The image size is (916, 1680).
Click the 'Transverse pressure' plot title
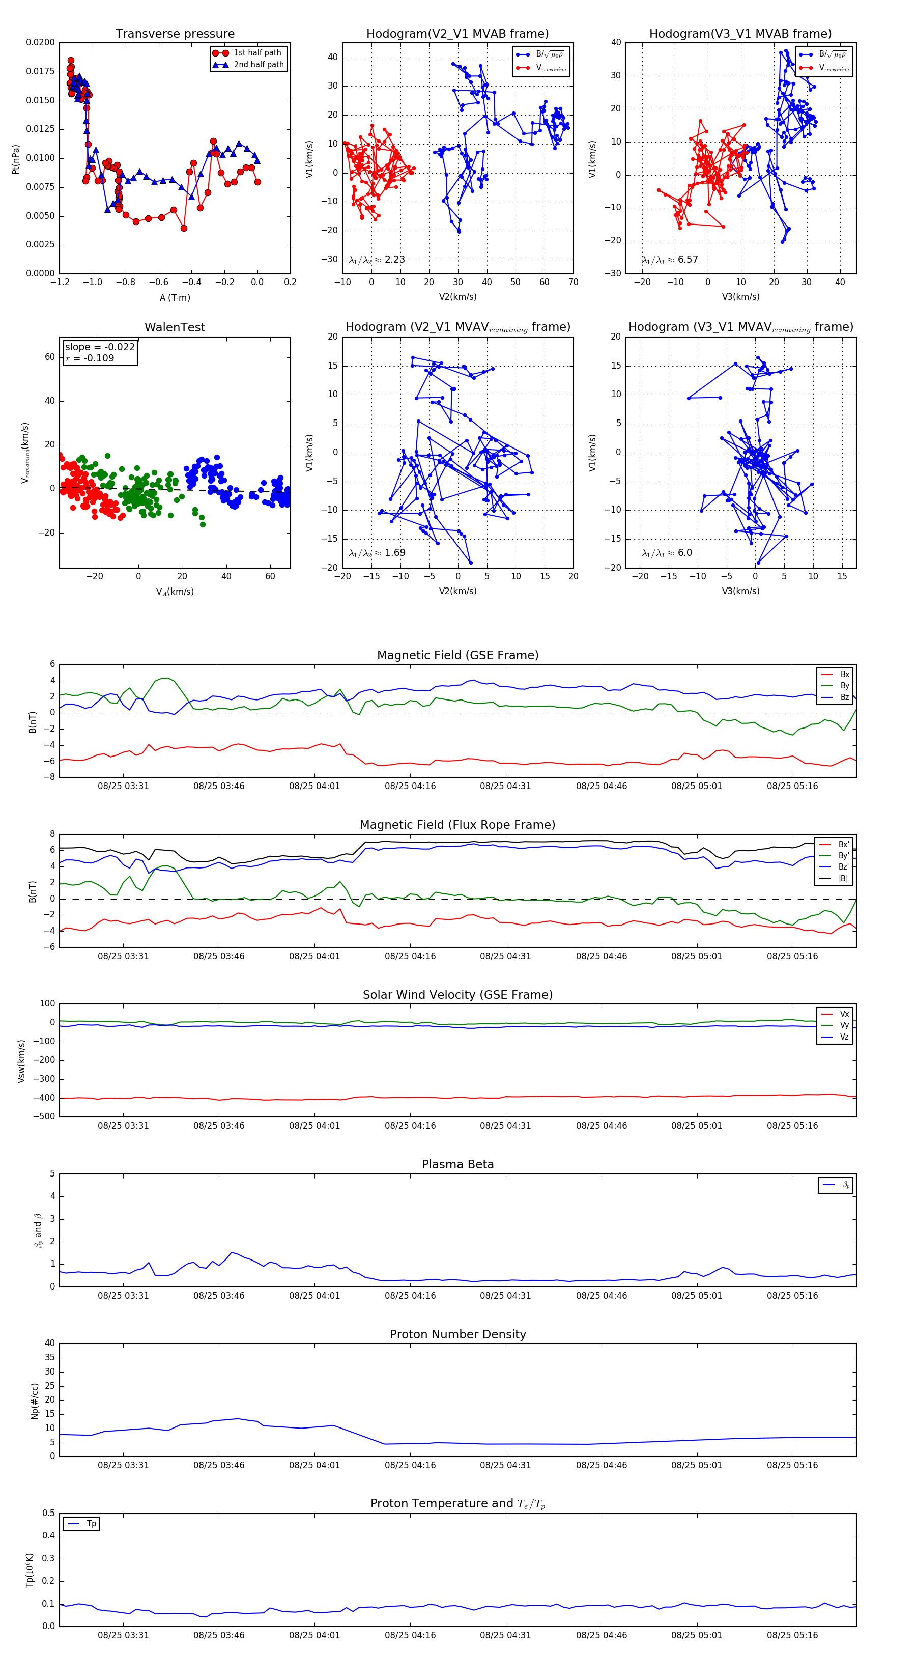175,34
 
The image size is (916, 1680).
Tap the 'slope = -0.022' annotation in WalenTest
100,347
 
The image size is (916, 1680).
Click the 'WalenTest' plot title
175,327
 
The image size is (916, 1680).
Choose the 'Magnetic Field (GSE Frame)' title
457,655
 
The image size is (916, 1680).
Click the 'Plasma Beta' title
457,1165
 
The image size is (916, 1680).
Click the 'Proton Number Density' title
457,1334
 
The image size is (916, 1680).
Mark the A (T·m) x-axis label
175,297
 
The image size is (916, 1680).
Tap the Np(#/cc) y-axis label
35,1401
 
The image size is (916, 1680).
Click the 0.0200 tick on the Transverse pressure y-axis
40,42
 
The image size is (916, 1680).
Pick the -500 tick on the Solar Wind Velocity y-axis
43,1116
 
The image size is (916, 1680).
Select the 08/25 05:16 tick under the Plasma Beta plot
792,1296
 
